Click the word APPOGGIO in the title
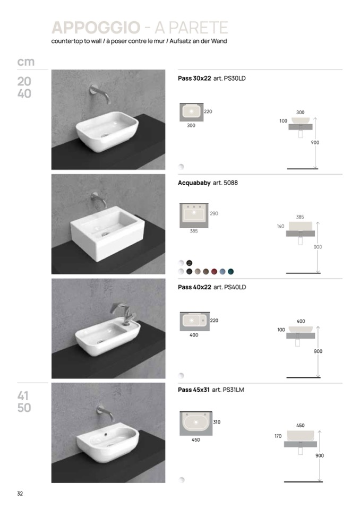click(x=96, y=28)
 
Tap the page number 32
click(x=20, y=494)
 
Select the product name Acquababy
click(x=194, y=183)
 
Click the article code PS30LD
click(x=235, y=78)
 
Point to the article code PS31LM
click(x=234, y=390)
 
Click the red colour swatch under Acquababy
click(x=214, y=271)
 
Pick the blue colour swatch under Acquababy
click(x=222, y=271)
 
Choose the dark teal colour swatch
click(x=230, y=271)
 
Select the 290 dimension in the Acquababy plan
click(x=214, y=213)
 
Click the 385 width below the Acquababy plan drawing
click(x=194, y=231)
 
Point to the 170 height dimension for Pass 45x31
click(x=278, y=436)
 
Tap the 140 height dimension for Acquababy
click(x=280, y=226)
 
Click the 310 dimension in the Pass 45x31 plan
click(x=217, y=422)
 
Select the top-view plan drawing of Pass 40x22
click(x=195, y=321)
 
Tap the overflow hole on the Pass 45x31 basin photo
click(x=107, y=434)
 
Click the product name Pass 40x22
click(x=194, y=287)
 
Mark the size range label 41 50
click(x=24, y=402)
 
